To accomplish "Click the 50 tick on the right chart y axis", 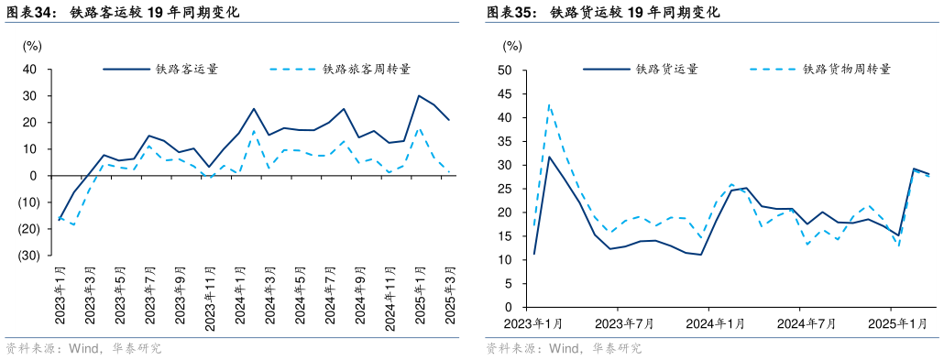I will click(504, 70).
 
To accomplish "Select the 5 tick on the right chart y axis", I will click(507, 284).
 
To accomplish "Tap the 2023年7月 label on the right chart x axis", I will click(624, 323).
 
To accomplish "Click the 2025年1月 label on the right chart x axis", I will click(896, 323).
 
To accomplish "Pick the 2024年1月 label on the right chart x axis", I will click(715, 323).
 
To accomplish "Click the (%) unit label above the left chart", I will click(32, 45).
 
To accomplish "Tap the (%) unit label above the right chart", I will click(511, 45).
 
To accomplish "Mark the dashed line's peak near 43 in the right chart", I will click(549, 104).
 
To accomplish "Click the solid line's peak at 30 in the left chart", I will click(419, 95).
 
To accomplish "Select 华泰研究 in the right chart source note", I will click(616, 349).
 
